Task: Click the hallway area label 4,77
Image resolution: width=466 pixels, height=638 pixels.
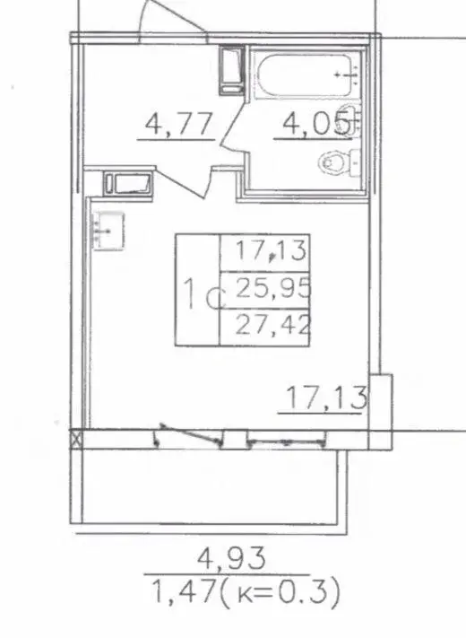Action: tap(178, 125)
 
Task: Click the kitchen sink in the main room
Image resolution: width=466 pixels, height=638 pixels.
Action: tap(108, 231)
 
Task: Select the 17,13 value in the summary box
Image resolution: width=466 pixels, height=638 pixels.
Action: tap(271, 250)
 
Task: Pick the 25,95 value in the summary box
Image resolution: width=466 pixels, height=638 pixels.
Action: tap(273, 288)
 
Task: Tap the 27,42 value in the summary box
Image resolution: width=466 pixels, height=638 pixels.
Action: tap(273, 326)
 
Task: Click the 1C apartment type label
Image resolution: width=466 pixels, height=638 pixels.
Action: tap(203, 294)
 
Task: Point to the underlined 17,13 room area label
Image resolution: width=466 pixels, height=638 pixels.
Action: tap(326, 398)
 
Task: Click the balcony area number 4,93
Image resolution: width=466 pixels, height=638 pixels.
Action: tap(231, 558)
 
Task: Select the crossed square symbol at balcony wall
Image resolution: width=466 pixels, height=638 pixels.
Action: tap(76, 440)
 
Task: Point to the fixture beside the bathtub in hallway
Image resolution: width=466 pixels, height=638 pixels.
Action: tap(232, 70)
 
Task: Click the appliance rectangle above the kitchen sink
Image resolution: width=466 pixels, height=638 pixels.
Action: tap(128, 184)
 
